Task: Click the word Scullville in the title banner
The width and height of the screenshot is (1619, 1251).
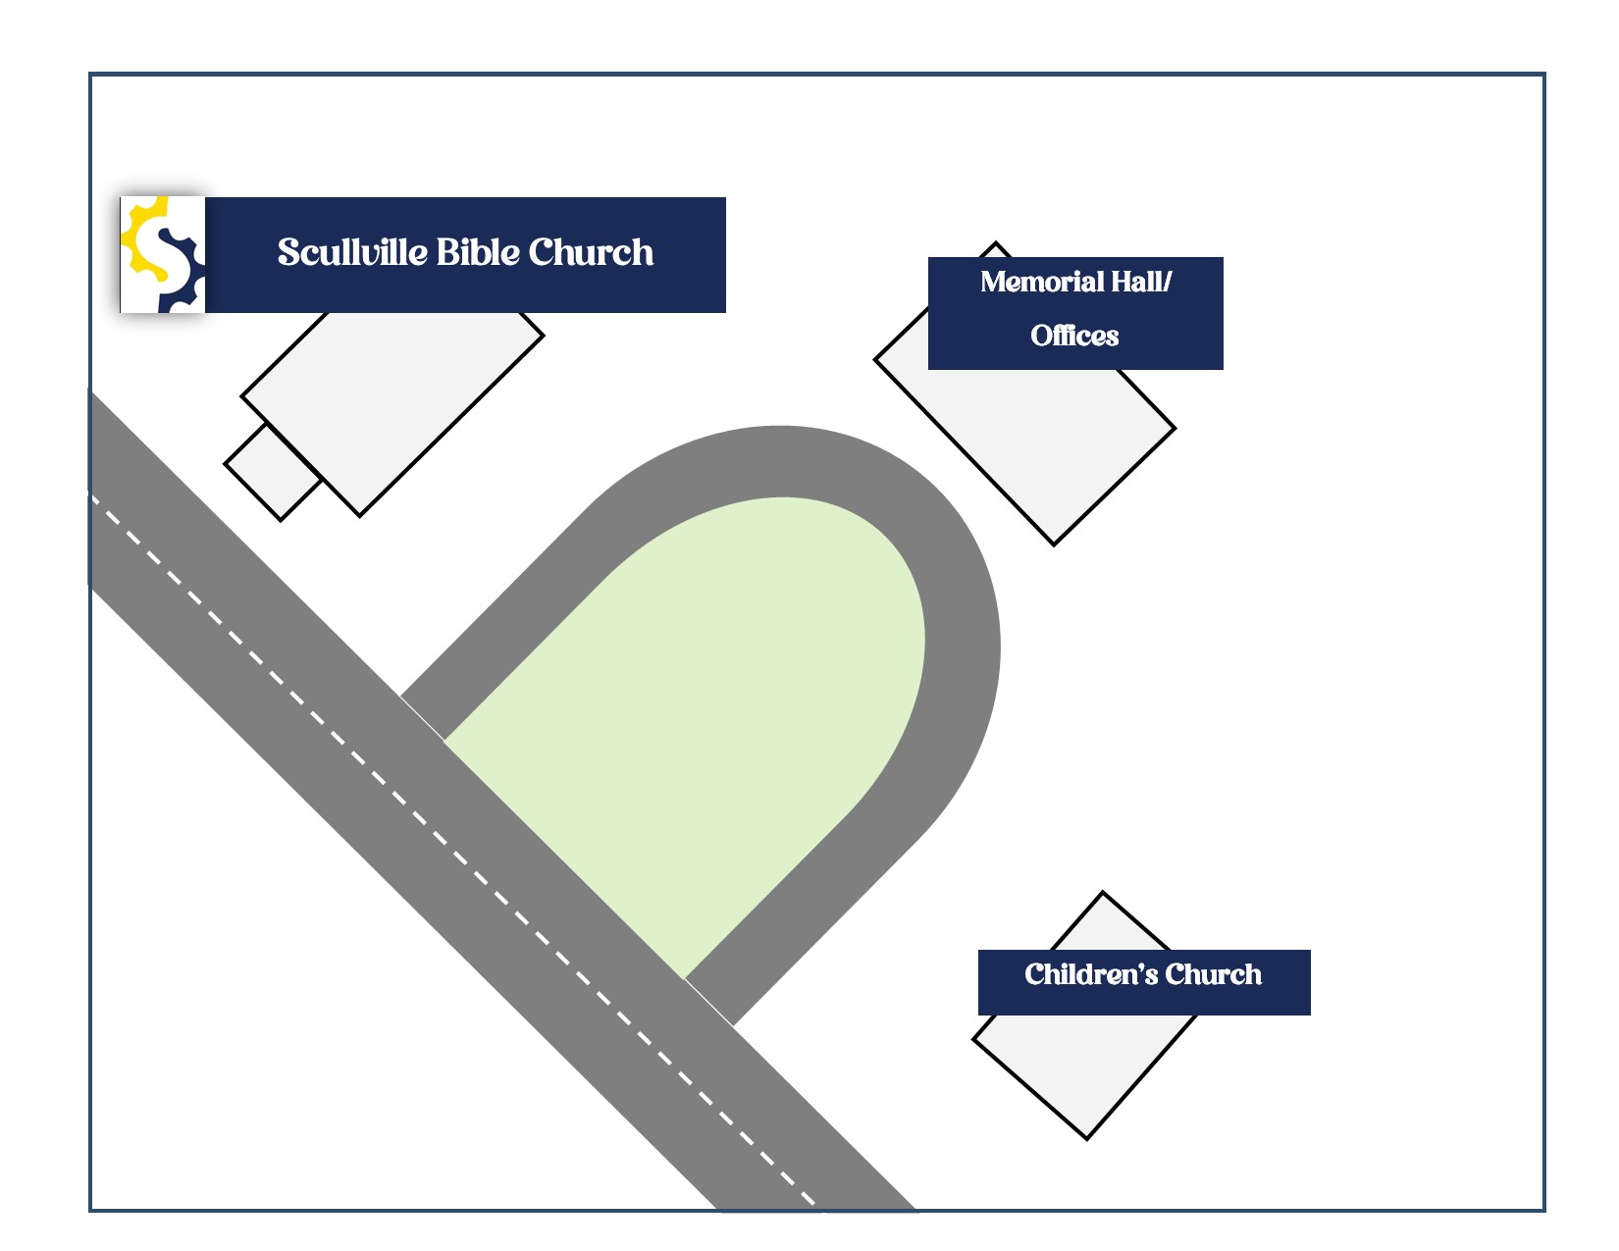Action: [352, 253]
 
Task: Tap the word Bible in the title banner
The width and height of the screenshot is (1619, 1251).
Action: [476, 253]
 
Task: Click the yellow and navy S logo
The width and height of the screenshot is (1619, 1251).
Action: [163, 255]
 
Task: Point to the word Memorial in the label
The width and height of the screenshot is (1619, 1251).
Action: [1042, 283]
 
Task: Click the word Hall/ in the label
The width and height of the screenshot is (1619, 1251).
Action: [1141, 283]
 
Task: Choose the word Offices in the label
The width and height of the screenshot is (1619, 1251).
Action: [1074, 336]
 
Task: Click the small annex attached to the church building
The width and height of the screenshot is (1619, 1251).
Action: [273, 472]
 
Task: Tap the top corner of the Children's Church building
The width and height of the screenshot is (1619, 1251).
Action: [1103, 894]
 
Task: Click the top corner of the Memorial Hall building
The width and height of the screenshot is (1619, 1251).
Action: [996, 244]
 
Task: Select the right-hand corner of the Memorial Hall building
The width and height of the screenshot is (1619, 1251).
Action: [1174, 429]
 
